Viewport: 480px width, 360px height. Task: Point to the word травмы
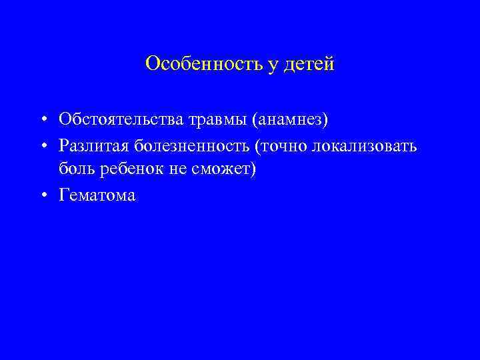201,120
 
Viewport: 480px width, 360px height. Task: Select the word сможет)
222,169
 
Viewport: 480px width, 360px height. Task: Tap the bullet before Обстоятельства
41,121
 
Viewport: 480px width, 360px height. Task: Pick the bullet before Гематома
41,195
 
